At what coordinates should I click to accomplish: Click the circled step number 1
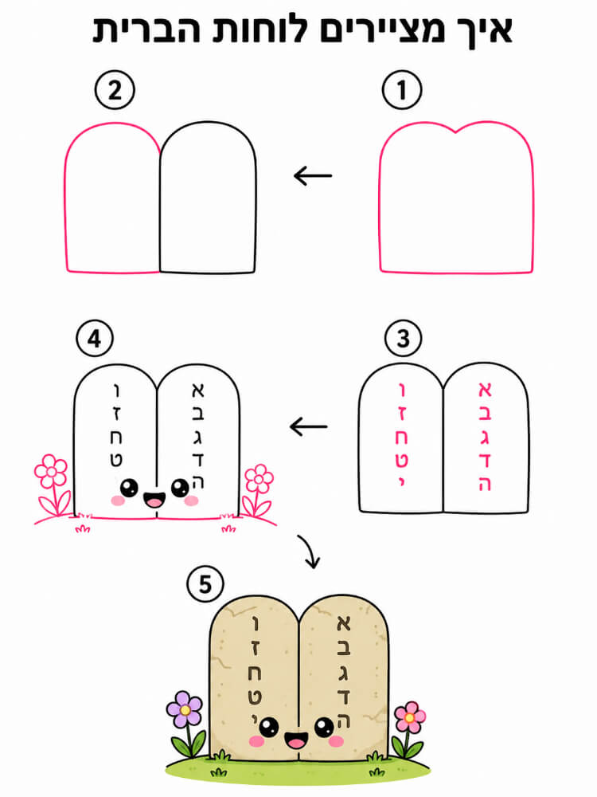pyautogui.click(x=401, y=90)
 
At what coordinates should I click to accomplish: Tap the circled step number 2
pyautogui.click(x=115, y=90)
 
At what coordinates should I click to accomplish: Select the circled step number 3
pyautogui.click(x=403, y=338)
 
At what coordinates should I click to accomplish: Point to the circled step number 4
pyautogui.click(x=95, y=338)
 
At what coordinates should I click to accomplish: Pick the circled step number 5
pyautogui.click(x=205, y=584)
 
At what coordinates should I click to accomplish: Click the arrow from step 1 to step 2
pyautogui.click(x=313, y=176)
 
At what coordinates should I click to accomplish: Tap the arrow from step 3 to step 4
pyautogui.click(x=309, y=426)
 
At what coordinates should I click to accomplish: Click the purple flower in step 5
pyautogui.click(x=185, y=709)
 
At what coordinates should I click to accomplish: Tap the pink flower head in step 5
pyautogui.click(x=410, y=717)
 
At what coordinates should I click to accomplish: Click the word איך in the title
pyautogui.click(x=480, y=30)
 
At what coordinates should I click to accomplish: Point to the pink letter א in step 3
pyautogui.click(x=485, y=390)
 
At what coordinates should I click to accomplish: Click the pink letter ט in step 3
pyautogui.click(x=401, y=460)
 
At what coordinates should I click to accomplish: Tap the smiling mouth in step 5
pyautogui.click(x=295, y=740)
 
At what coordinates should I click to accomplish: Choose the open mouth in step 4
pyautogui.click(x=154, y=500)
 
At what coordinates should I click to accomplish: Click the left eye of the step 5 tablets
pyautogui.click(x=268, y=727)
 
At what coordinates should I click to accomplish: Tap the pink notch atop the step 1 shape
pyautogui.click(x=456, y=132)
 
